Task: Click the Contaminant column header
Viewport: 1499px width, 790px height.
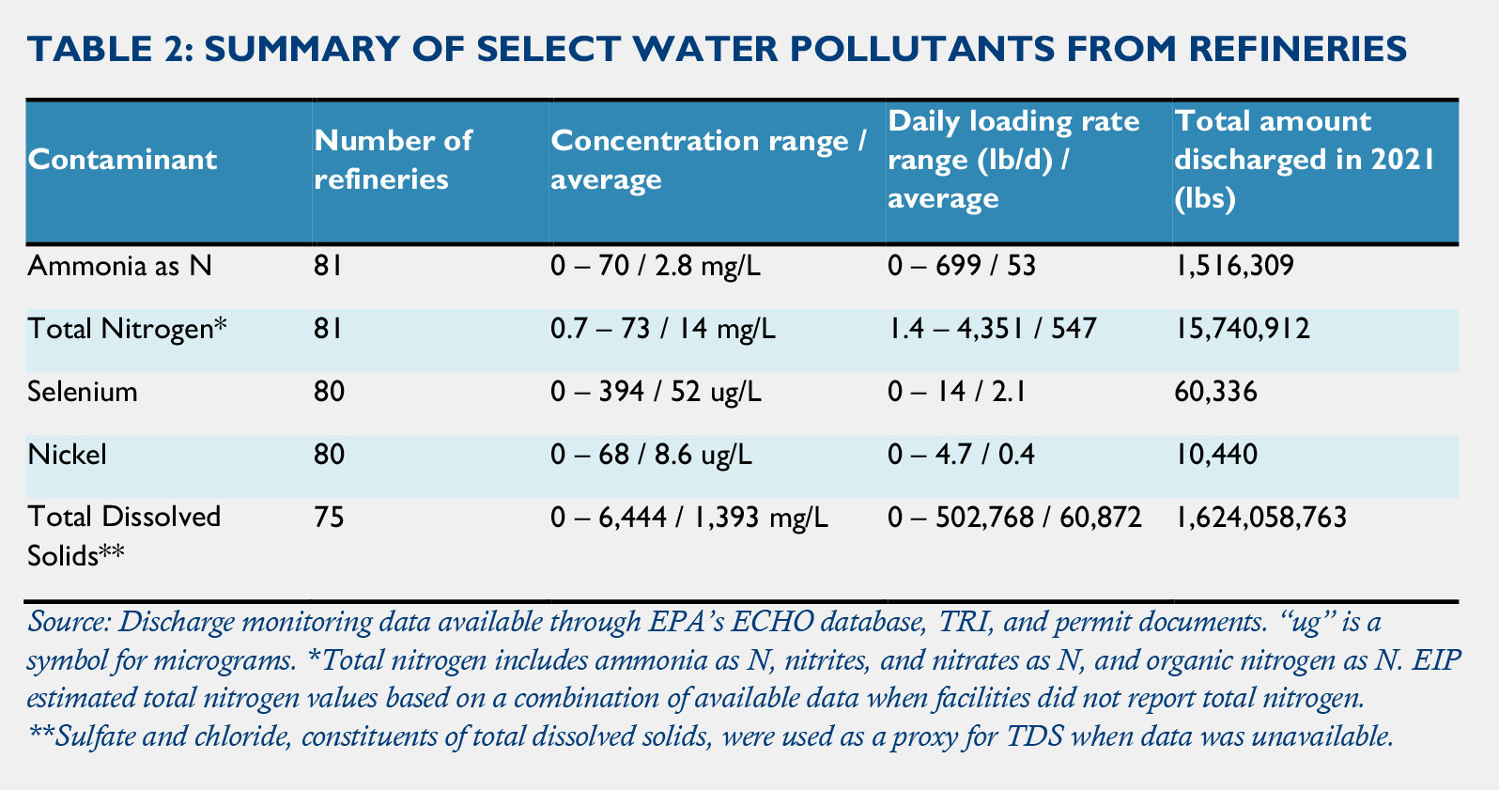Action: coord(122,159)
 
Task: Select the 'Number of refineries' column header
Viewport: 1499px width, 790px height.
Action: coord(394,159)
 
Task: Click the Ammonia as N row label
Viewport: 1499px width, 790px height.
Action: coord(120,266)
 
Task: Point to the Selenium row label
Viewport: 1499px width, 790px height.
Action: coord(83,391)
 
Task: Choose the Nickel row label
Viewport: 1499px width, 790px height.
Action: coord(67,455)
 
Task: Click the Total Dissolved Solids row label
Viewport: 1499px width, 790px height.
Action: coord(124,535)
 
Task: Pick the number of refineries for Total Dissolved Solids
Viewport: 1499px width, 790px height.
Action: coord(329,517)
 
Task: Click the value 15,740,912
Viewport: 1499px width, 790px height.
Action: coord(1242,329)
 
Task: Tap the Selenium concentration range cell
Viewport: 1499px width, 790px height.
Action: coord(656,391)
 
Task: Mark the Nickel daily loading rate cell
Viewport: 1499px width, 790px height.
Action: coord(961,455)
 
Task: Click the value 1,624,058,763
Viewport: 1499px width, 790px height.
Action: coord(1260,517)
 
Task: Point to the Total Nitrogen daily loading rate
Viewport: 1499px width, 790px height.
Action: coord(992,329)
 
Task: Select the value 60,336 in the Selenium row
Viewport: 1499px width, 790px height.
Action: coord(1215,391)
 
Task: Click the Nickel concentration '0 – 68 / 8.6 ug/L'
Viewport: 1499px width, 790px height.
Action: coord(651,455)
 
